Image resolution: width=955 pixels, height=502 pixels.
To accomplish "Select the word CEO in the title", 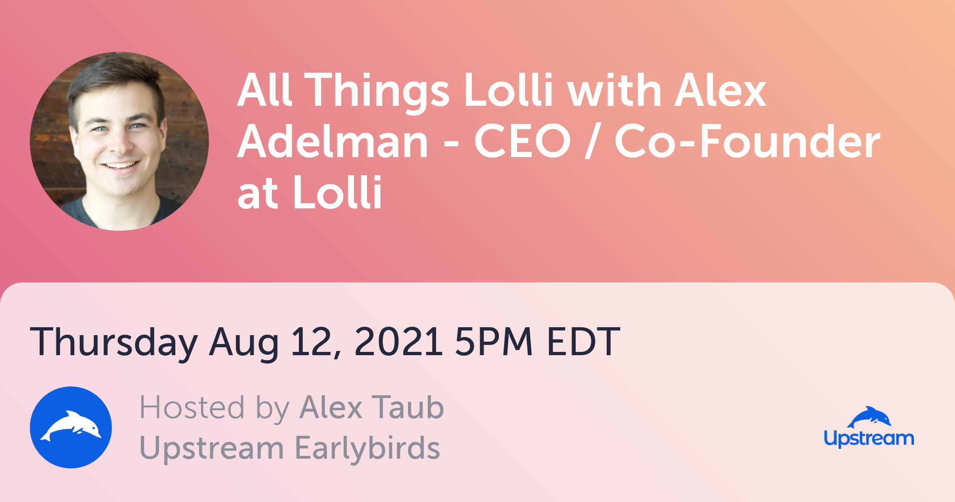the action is [522, 142].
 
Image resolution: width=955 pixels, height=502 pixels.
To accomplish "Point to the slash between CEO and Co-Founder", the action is [592, 142].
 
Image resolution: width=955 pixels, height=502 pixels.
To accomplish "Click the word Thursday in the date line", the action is [114, 343].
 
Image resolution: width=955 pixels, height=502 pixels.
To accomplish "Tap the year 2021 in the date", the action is [398, 342].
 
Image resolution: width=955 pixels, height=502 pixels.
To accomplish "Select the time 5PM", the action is [494, 342].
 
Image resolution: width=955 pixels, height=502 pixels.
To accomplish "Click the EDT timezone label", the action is [583, 342].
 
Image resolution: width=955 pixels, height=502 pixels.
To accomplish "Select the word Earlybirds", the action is [367, 448].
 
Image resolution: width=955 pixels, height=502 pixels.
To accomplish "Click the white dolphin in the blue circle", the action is [71, 425].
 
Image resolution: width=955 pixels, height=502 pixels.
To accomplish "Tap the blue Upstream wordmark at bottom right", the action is [869, 439].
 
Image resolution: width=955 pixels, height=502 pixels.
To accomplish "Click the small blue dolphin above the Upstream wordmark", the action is [869, 417].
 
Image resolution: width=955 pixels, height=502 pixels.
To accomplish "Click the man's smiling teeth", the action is [120, 165].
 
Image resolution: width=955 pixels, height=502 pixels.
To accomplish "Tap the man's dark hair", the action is [117, 79].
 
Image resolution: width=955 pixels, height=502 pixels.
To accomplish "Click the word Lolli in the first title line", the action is [508, 90].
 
